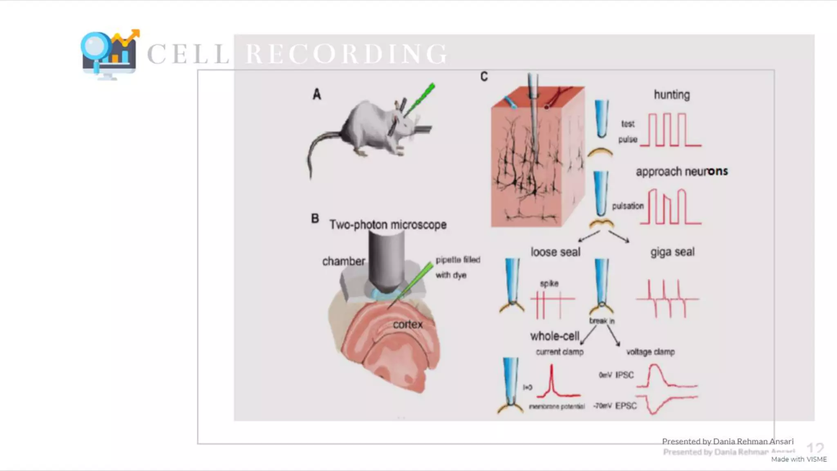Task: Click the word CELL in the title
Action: [x=188, y=54]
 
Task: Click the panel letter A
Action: [x=317, y=94]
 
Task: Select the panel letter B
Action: [x=315, y=218]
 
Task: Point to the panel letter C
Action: [x=484, y=76]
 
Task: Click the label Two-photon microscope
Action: [x=388, y=224]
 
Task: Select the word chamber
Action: [x=343, y=261]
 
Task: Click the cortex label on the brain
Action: [x=407, y=325]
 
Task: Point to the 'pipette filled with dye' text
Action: [x=457, y=267]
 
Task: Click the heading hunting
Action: [x=671, y=95]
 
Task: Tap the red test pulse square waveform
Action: [x=671, y=130]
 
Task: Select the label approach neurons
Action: [x=681, y=171]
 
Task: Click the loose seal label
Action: [x=555, y=252]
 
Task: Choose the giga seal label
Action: [x=672, y=252]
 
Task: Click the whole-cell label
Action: [x=555, y=336]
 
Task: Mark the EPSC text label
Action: [x=626, y=406]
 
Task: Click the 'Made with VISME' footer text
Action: [x=799, y=459]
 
